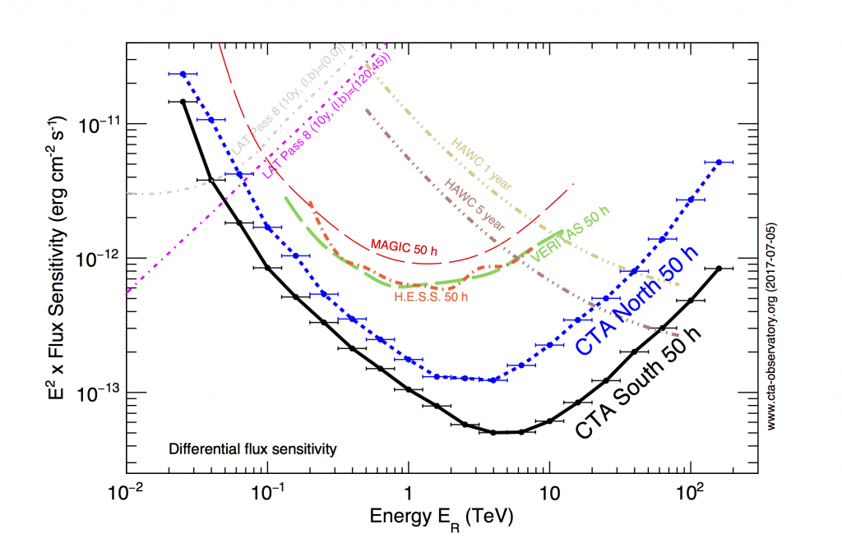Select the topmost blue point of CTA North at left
coord(183,74)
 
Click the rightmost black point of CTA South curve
coord(719,269)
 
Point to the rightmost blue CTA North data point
coord(719,162)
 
